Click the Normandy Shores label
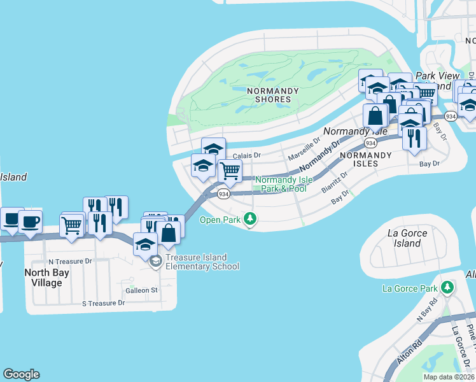coord(273,95)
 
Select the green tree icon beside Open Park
coord(251,220)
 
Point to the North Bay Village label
coord(43,278)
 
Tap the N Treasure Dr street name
coord(70,262)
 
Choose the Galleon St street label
coord(141,290)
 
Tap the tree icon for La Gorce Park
coord(448,288)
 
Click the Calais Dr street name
coord(247,155)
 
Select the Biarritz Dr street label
coord(335,181)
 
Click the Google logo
coord(21,374)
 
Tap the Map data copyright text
coord(449,377)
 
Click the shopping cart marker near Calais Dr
coord(230,171)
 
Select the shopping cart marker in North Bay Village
coord(72,225)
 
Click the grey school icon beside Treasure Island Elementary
coord(155,262)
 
